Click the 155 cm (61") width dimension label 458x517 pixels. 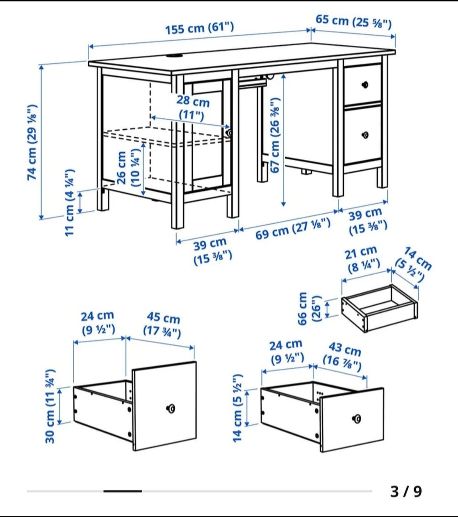199,28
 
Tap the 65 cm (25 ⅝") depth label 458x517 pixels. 354,22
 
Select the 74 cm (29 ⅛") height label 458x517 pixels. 32,143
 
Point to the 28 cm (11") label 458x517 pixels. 193,107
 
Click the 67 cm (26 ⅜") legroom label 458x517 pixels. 275,135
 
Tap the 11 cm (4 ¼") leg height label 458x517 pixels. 70,202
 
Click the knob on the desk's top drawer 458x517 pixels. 364,84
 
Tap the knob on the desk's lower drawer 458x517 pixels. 365,134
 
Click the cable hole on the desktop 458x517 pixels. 175,56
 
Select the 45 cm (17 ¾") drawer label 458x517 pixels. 162,324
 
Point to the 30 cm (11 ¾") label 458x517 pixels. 50,406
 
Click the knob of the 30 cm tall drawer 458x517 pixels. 170,409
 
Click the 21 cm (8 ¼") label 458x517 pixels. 363,259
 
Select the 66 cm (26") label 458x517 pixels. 309,309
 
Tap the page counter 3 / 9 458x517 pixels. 406,491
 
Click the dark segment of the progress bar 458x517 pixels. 123,491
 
